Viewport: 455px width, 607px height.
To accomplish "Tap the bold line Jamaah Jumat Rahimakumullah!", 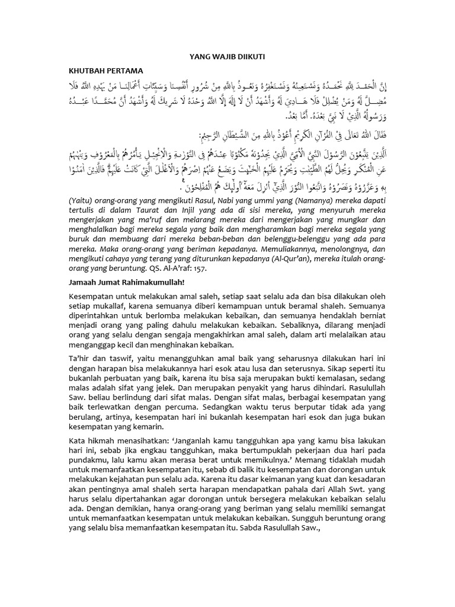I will (x=126, y=283).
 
